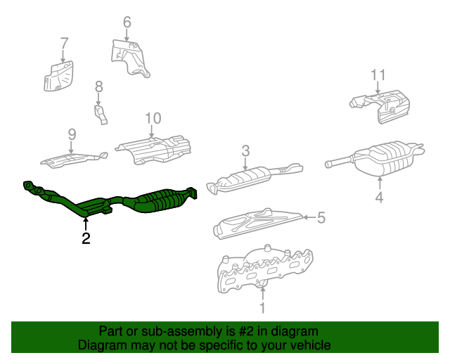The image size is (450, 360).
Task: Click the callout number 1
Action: (263, 307)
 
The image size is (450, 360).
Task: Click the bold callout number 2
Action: (86, 239)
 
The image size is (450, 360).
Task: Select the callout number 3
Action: (245, 150)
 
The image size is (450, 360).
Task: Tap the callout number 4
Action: (379, 198)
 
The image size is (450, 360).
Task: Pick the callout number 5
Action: (321, 218)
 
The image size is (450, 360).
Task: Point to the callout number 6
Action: (127, 22)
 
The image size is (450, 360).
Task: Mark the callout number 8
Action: (98, 86)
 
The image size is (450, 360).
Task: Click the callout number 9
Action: (72, 134)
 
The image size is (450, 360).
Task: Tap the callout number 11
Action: (378, 75)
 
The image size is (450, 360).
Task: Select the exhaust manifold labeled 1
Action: (264, 269)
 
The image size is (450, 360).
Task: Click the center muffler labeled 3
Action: (250, 176)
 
